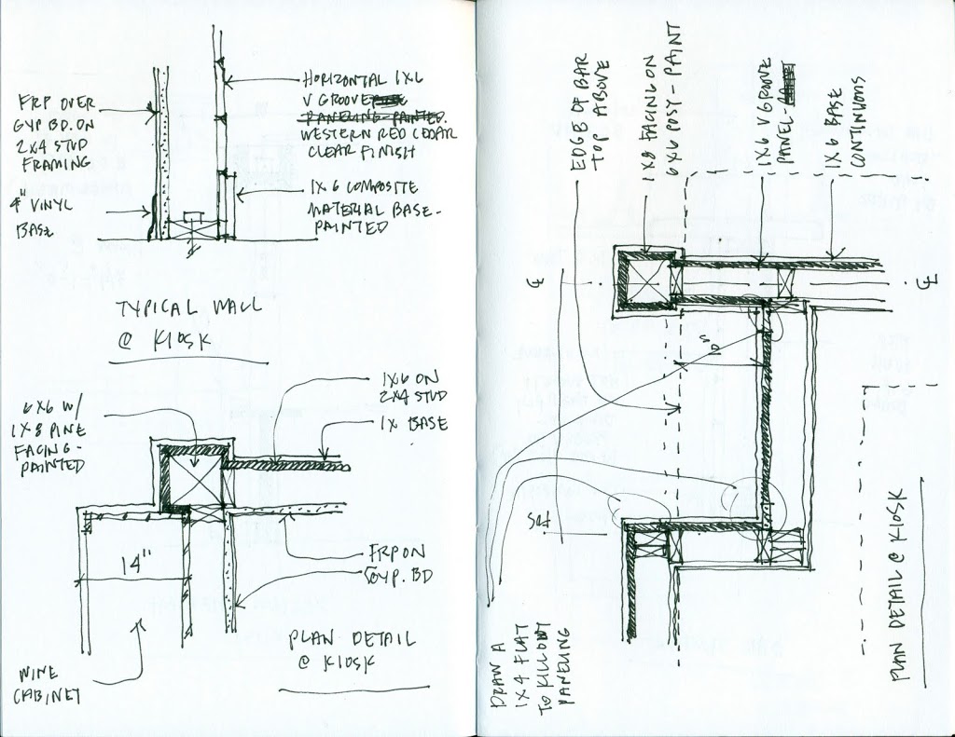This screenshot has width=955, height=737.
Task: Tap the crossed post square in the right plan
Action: [644, 280]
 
